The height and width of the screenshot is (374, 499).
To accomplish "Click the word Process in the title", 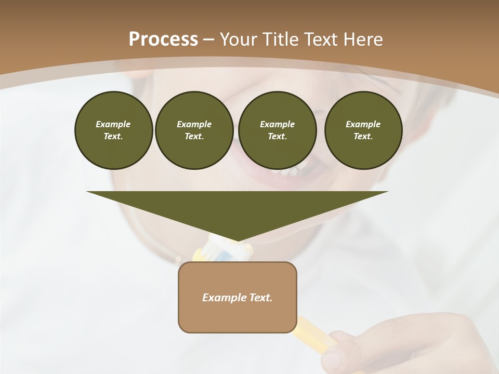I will [163, 39].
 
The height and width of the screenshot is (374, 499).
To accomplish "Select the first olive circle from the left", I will [113, 130].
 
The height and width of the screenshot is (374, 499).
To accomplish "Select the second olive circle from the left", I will [194, 130].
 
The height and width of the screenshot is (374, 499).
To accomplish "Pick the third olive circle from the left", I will [277, 130].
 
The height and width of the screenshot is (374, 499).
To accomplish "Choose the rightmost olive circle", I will [363, 130].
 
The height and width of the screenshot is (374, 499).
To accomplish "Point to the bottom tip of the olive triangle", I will [237, 241].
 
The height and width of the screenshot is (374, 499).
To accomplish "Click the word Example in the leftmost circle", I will [113, 124].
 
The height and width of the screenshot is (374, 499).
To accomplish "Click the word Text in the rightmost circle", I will [363, 137].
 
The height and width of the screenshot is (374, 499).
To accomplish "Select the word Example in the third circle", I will [277, 124].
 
